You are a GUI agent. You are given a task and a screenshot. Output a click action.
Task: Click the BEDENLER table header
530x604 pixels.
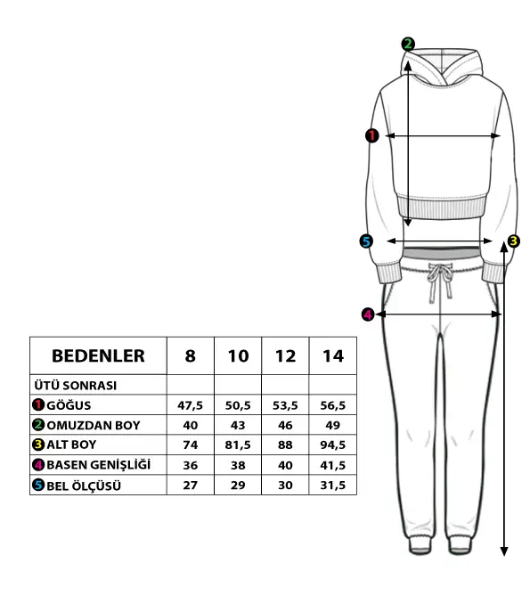(98, 355)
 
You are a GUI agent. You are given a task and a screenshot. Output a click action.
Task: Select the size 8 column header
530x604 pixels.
(191, 355)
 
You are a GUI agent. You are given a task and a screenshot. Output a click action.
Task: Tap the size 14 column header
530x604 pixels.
(333, 355)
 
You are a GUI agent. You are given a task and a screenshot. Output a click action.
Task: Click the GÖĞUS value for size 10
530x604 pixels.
(238, 405)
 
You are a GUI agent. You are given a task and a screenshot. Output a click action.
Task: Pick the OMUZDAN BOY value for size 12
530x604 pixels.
(285, 425)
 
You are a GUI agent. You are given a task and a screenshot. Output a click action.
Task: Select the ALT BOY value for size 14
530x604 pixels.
(333, 445)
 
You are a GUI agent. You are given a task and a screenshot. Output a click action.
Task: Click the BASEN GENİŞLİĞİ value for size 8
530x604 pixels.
(191, 465)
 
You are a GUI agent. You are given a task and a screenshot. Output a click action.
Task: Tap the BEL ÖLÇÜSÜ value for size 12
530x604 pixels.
(285, 485)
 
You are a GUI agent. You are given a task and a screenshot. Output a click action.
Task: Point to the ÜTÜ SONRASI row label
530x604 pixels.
(76, 385)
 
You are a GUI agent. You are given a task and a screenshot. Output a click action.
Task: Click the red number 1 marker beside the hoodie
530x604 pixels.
(372, 135)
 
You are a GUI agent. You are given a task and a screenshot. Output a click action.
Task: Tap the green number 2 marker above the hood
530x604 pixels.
(408, 44)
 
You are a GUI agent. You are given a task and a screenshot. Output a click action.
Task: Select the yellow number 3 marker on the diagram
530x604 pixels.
(513, 241)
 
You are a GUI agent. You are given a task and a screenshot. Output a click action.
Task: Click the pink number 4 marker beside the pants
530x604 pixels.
(368, 314)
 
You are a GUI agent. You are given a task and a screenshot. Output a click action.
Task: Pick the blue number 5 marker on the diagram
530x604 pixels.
(366, 241)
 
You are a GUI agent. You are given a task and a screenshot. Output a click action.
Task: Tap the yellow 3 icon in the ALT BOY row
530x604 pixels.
(38, 445)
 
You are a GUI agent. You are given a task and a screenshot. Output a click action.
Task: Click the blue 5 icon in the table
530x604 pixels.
(38, 485)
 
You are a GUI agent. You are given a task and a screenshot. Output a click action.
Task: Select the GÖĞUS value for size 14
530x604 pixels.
(333, 405)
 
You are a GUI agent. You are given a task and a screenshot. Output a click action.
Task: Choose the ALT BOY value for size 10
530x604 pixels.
(238, 445)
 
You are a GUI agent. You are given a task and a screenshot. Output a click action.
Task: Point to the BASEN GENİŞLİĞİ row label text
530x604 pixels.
(99, 464)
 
